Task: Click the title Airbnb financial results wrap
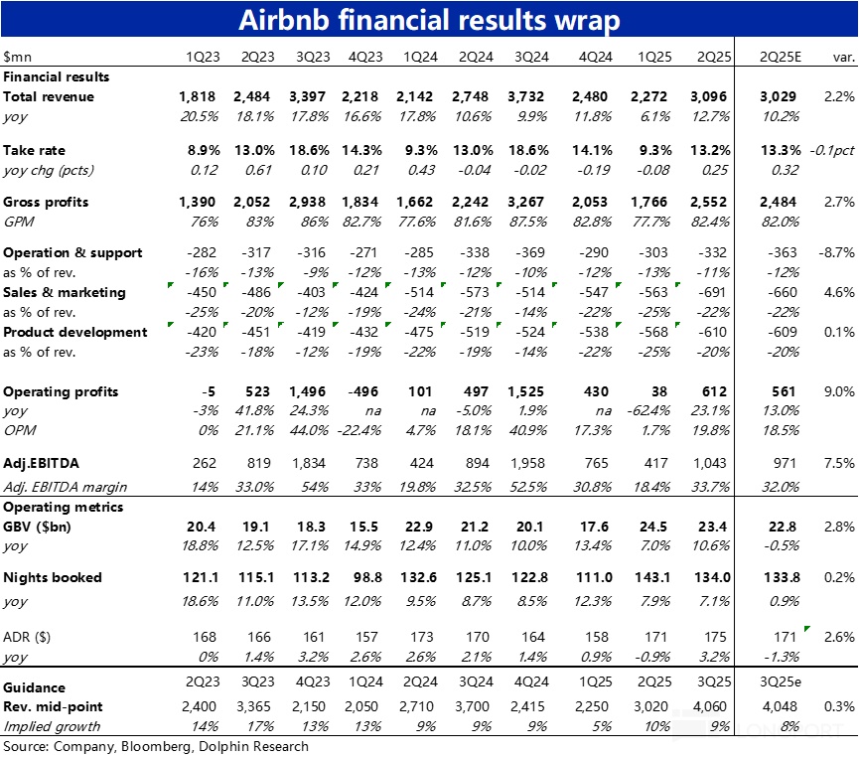pyautogui.click(x=429, y=22)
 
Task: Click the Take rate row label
pyautogui.click(x=35, y=150)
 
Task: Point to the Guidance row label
pyautogui.click(x=35, y=687)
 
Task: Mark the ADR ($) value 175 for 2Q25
pyautogui.click(x=714, y=637)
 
